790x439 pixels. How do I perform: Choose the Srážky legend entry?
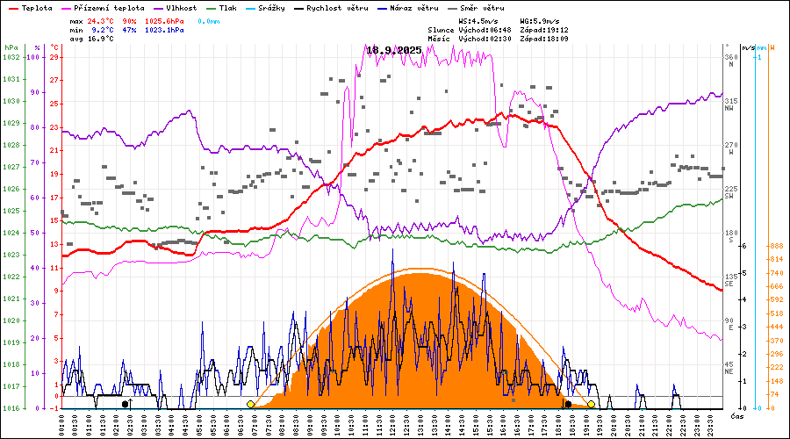click(292, 7)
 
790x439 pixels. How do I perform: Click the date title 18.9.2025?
click(394, 50)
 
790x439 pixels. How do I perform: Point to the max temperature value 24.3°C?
click(101, 19)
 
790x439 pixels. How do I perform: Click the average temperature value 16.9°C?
click(101, 39)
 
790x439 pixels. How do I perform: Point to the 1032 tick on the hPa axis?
click(11, 57)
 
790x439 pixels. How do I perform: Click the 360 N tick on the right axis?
click(729, 61)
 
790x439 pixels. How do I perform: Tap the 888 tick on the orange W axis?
click(774, 247)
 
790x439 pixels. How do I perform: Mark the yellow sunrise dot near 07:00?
click(251, 404)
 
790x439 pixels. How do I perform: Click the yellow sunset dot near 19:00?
click(592, 404)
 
